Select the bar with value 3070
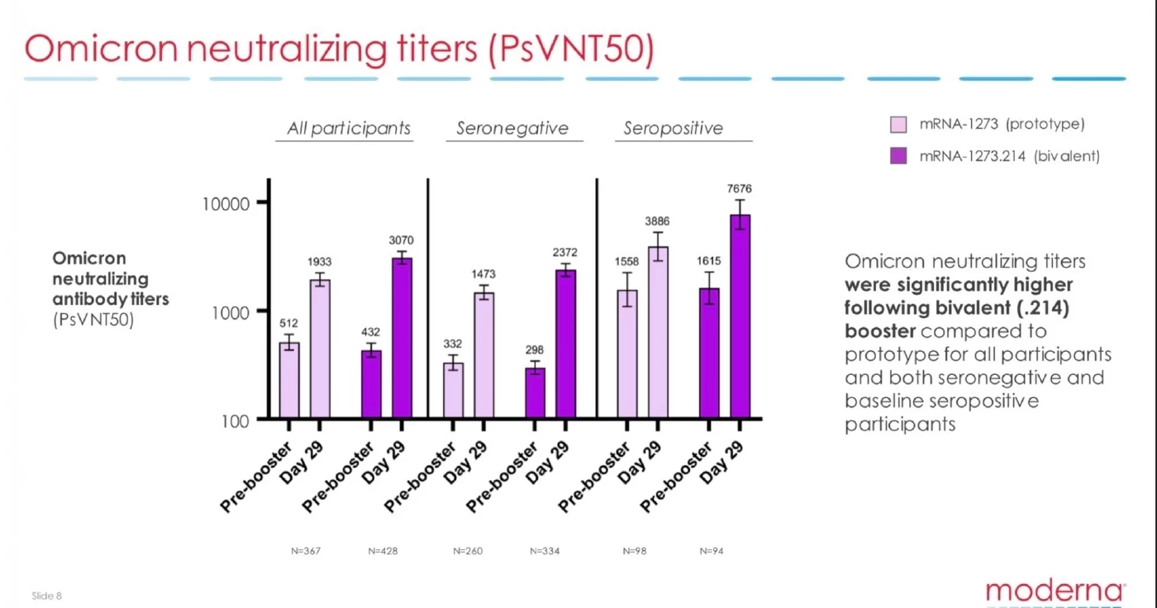click(402, 338)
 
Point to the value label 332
click(453, 344)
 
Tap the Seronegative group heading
click(512, 129)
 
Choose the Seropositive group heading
click(674, 129)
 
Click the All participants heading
click(349, 129)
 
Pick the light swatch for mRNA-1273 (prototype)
click(898, 125)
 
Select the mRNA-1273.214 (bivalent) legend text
click(1009, 156)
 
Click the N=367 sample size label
click(306, 551)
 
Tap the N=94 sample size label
click(712, 551)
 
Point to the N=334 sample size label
click(545, 551)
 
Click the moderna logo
click(1055, 591)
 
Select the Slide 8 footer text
click(47, 596)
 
